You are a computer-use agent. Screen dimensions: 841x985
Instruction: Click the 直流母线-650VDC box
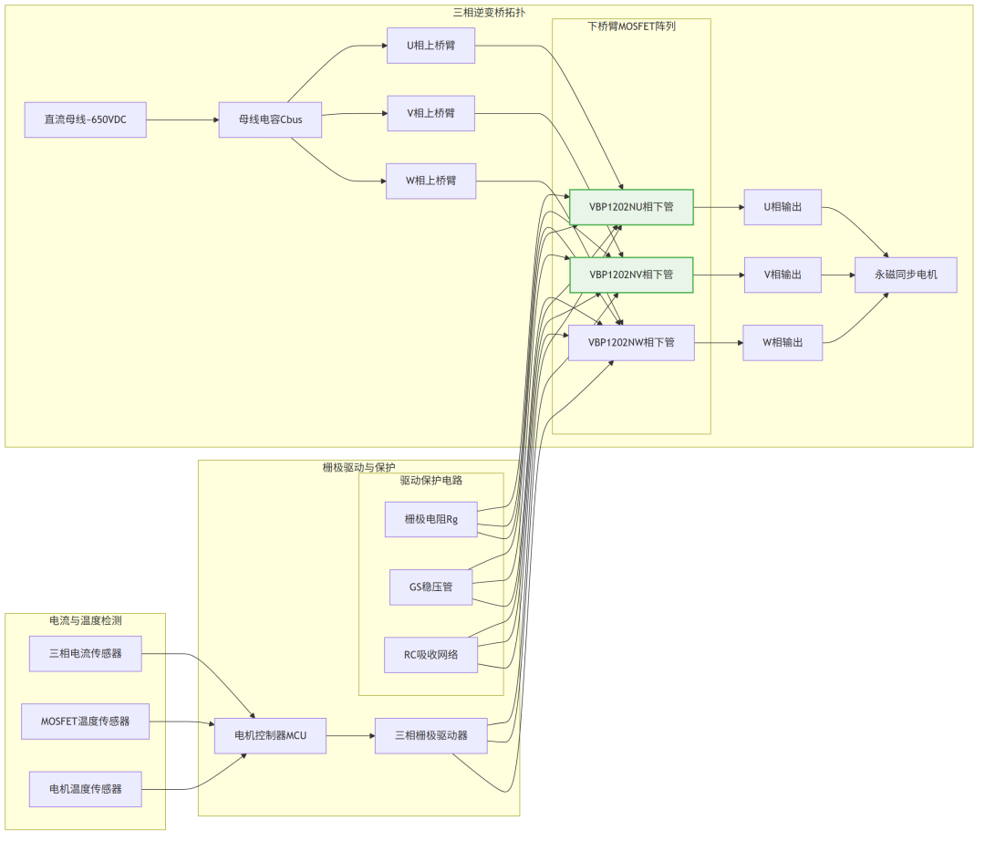[x=86, y=119]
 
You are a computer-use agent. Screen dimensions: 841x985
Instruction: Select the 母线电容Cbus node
[x=271, y=119]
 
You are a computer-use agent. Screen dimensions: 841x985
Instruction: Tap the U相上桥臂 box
[x=430, y=45]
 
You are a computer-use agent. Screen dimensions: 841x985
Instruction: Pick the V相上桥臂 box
[x=430, y=113]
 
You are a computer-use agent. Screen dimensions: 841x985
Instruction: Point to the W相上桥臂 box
[x=430, y=181]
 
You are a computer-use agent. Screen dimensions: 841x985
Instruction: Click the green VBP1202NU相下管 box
[x=631, y=207]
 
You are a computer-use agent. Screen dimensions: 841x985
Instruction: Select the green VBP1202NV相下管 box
[x=631, y=275]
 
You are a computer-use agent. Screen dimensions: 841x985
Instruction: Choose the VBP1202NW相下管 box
[x=631, y=342]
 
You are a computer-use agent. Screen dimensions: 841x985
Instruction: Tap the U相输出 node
[x=783, y=207]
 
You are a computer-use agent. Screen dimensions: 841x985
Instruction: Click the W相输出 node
[x=783, y=342]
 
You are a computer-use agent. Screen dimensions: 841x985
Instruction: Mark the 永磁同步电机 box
[x=905, y=275]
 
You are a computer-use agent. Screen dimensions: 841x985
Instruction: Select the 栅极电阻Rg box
[x=431, y=519]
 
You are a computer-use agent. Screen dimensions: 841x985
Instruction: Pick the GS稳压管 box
[x=431, y=587]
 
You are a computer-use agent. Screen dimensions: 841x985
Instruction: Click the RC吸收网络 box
[x=431, y=654]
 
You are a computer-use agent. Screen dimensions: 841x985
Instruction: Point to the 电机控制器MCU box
[x=270, y=735]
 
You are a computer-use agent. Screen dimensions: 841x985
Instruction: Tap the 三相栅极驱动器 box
[x=430, y=735]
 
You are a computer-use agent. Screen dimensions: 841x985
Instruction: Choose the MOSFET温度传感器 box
[x=86, y=722]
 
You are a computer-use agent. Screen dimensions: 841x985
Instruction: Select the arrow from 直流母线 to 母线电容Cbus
[x=182, y=119]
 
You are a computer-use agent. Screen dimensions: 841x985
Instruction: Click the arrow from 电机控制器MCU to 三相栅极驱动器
[x=350, y=735]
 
